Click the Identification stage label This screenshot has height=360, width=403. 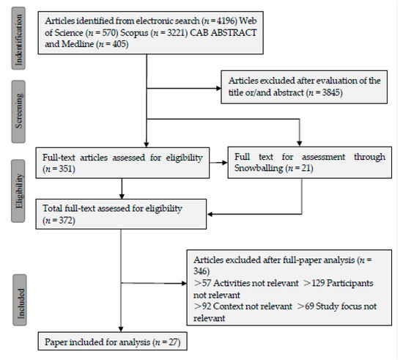(x=18, y=38)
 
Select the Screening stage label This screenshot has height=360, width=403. (x=18, y=111)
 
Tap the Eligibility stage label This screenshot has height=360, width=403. (x=18, y=191)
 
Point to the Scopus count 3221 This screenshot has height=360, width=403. (x=176, y=33)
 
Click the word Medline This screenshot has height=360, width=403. (x=78, y=44)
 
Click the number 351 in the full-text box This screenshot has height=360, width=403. (x=66, y=169)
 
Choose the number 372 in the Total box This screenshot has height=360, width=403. (x=66, y=221)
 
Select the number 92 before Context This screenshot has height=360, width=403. (x=207, y=306)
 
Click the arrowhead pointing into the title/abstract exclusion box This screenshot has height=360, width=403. (x=219, y=89)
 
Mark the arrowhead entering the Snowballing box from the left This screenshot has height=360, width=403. (x=225, y=163)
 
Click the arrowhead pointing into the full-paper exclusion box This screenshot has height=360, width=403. (x=184, y=283)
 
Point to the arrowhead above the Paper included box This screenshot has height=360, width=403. (x=121, y=329)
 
